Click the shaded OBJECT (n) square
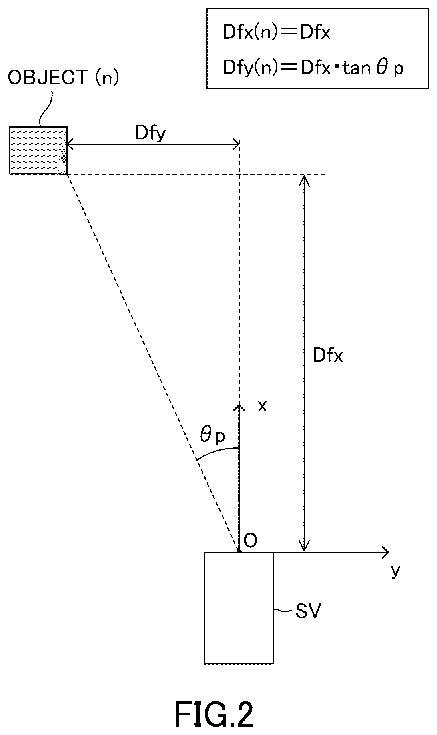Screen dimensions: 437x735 point(38,150)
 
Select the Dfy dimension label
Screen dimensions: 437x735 point(150,133)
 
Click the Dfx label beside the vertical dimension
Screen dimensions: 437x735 point(328,355)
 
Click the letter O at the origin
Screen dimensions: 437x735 point(250,541)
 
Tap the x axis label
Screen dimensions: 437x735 point(262,407)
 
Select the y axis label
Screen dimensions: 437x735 point(395,571)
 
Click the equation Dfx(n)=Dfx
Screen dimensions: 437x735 point(277,33)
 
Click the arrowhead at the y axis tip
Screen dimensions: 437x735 point(385,553)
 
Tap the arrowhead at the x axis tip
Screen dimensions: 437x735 point(239,408)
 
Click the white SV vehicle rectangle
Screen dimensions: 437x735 point(239,608)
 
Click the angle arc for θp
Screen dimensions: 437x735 point(217,451)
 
